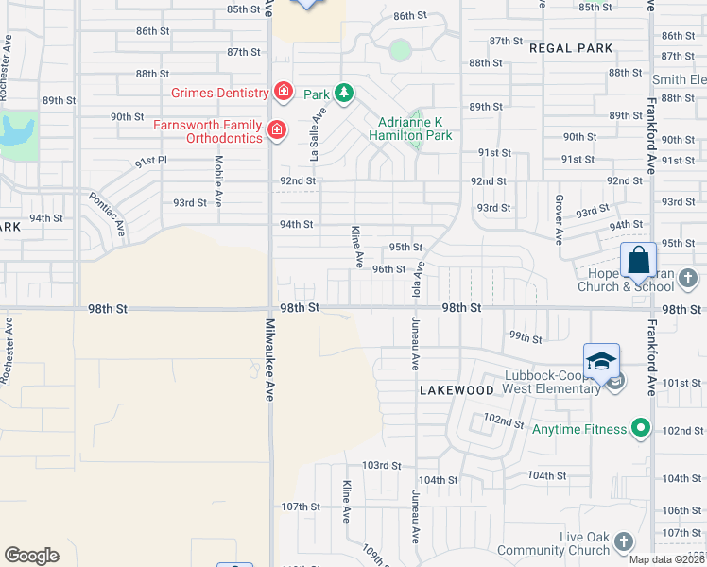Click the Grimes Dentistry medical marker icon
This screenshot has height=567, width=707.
[283, 92]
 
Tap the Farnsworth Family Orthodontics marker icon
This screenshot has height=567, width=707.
[277, 130]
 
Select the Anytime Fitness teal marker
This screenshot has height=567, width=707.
[642, 429]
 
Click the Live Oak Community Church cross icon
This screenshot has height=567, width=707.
[623, 541]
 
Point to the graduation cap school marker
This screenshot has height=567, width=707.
[601, 361]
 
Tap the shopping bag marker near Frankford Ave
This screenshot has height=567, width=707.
[638, 260]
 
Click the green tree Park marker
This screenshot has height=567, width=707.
[345, 93]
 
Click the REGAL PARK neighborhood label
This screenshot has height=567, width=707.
[571, 48]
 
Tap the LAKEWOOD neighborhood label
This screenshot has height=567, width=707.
[457, 390]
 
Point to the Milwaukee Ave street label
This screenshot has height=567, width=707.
[267, 360]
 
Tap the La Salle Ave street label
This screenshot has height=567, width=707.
[317, 133]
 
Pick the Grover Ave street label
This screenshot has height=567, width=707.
[559, 218]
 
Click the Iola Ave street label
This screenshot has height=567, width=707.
[417, 279]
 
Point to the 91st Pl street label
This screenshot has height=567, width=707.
[150, 162]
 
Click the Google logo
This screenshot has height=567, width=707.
[31, 556]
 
